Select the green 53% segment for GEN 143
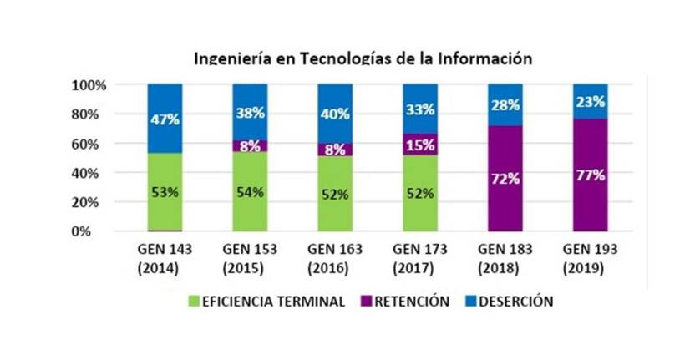[x=165, y=192]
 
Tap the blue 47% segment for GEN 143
[x=165, y=118]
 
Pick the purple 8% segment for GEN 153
[x=250, y=145]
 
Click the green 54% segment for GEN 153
[x=250, y=191]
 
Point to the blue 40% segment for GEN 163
[x=335, y=113]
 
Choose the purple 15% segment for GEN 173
[x=419, y=145]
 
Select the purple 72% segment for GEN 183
[x=505, y=179]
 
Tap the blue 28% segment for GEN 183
[x=505, y=104]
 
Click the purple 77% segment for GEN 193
[x=590, y=175]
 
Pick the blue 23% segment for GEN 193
[x=590, y=101]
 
